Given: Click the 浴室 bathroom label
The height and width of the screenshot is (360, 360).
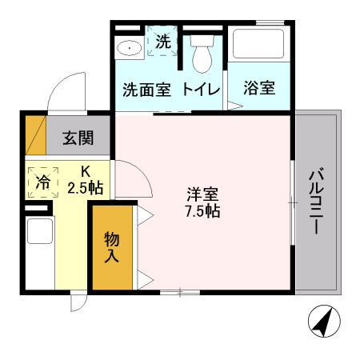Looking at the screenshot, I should [259, 88].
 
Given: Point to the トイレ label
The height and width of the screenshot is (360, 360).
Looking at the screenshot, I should [201, 89].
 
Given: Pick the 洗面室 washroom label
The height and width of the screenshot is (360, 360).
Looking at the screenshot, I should [146, 89].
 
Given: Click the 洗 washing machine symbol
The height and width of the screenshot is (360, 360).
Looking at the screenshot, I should [162, 42].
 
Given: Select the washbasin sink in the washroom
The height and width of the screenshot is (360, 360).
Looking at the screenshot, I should [129, 48].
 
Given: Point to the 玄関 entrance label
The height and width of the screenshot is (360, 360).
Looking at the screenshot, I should [78, 138].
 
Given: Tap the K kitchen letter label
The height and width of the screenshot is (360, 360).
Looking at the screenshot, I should [86, 170].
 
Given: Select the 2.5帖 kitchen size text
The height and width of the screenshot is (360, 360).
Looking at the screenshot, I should [84, 188].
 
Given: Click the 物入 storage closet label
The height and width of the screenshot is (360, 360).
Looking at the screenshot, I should [111, 247].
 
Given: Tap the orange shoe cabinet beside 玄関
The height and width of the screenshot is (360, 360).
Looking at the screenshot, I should [35, 137].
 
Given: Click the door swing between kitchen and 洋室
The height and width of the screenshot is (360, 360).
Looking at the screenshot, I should [133, 180].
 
